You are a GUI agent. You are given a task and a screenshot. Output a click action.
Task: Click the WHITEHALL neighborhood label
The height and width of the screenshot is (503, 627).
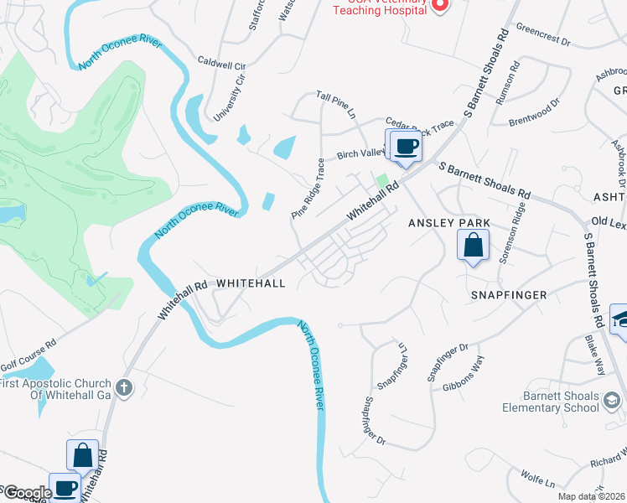click(x=251, y=283)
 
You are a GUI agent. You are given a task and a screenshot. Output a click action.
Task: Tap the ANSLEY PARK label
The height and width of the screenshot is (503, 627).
click(x=443, y=223)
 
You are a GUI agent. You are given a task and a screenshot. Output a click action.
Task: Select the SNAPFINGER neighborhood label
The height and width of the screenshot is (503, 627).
click(x=509, y=295)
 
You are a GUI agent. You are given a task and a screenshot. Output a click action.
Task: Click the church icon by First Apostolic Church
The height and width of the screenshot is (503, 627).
click(x=124, y=387)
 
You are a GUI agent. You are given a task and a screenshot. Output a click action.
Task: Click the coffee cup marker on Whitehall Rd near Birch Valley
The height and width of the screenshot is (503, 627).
click(x=407, y=147)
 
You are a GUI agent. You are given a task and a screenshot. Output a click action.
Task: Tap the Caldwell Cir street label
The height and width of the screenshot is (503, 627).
click(x=221, y=64)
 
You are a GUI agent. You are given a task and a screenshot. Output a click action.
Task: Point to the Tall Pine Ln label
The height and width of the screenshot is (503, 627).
click(x=336, y=105)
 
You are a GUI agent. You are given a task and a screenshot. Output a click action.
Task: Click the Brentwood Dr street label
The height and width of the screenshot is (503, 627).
click(x=533, y=114)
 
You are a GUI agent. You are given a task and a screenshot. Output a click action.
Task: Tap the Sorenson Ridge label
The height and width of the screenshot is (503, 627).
click(x=513, y=234)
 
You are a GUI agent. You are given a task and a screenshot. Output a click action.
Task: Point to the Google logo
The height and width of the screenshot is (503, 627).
click(x=26, y=493)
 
